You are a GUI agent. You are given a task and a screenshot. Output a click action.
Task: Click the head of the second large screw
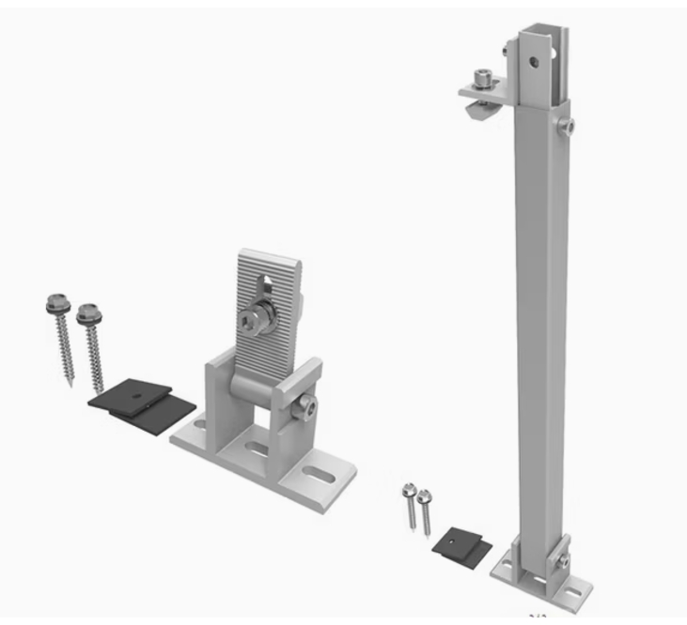(x=86, y=309)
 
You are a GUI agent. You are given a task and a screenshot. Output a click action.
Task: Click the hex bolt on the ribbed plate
(x=257, y=324)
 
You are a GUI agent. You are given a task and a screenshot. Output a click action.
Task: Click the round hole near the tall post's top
(x=532, y=62)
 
